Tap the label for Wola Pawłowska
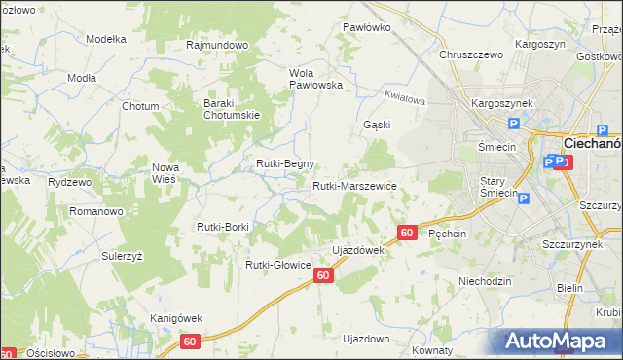click(316, 79)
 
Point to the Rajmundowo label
click(218, 45)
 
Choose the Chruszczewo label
click(471, 55)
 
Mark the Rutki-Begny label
click(285, 163)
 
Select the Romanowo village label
click(95, 210)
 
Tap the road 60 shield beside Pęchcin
click(408, 233)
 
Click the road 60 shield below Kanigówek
click(190, 342)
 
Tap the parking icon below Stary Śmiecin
click(524, 199)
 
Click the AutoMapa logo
click(560, 341)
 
